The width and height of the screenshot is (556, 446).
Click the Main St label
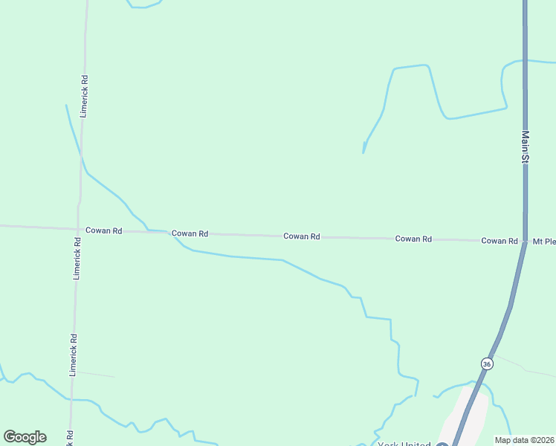[525, 146]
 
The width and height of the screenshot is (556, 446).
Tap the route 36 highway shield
[486, 363]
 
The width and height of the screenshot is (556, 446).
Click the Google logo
[25, 437]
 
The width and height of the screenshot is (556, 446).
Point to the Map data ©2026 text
[524, 439]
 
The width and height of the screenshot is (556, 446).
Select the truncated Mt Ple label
[543, 242]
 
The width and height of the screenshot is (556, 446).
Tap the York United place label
[404, 445]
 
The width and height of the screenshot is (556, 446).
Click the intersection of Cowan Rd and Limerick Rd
[78, 229]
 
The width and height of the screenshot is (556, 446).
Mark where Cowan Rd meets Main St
[525, 242]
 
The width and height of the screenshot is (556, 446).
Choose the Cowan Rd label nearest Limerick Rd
[103, 230]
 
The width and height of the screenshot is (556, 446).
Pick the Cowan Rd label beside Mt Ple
[499, 241]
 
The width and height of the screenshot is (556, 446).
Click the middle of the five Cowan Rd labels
[301, 236]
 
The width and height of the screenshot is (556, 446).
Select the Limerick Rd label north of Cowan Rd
[84, 96]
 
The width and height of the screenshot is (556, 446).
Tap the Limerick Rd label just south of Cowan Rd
[77, 258]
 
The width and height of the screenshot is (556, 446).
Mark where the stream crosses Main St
[525, 60]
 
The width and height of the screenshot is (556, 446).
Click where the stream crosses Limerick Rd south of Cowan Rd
[71, 399]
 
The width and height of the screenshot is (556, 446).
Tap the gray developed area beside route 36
[466, 416]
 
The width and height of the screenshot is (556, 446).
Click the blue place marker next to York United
[442, 445]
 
